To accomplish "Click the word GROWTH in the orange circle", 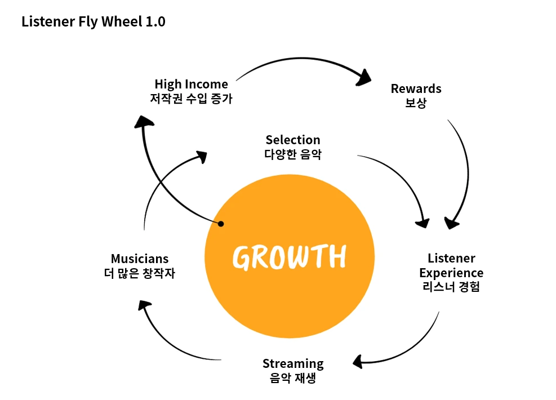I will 289,257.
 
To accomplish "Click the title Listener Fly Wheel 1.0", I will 94,22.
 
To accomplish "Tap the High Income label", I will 191,84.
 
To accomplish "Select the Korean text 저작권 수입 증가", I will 191,99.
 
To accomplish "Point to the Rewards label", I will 416,88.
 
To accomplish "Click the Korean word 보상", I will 416,103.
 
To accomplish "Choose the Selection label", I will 293,140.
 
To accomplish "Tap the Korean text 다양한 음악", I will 293,154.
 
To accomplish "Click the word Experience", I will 451,273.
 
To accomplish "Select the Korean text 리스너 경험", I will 451,287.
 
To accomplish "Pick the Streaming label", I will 293,363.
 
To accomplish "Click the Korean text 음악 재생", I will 293,378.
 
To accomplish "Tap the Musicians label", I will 140,259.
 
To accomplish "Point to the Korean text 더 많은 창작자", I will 140,273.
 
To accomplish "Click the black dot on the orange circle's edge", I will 221,224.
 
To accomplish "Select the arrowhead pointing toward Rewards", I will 366,78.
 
